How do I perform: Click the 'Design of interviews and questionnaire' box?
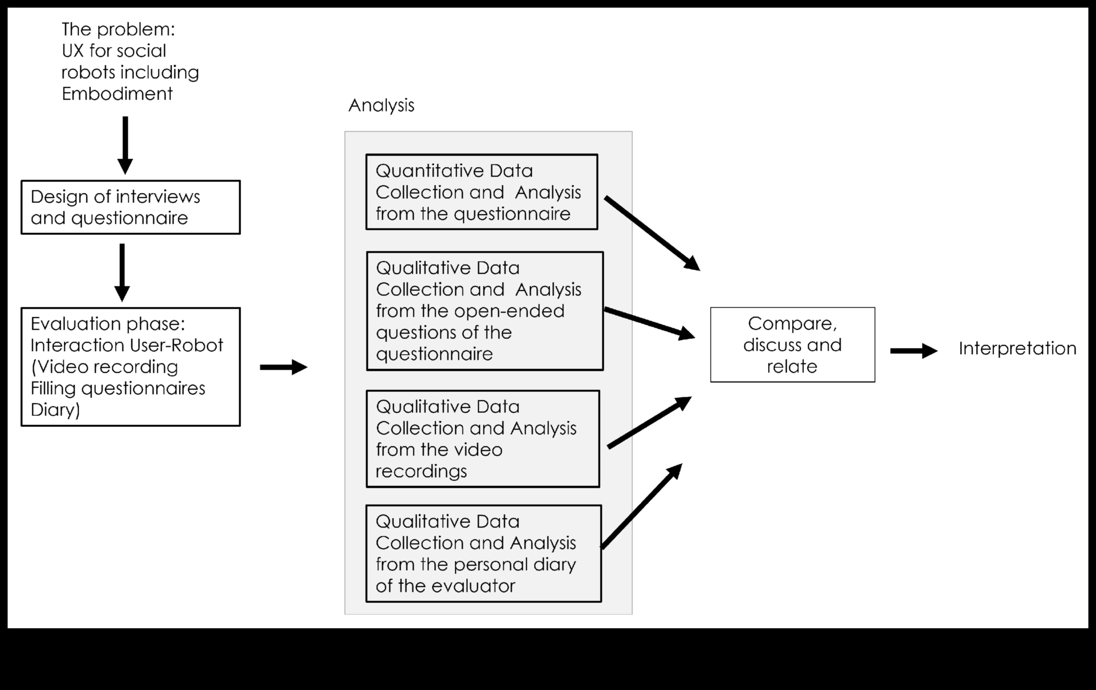tap(131, 207)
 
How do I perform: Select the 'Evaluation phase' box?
tap(131, 367)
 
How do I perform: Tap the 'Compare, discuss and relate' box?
tap(792, 344)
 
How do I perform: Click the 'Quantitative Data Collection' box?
tap(482, 192)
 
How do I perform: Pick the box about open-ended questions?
tap(485, 311)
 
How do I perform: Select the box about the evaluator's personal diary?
tap(483, 554)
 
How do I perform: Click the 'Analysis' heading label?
tap(381, 106)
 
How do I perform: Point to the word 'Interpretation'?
tap(1017, 349)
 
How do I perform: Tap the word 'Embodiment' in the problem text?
tap(117, 94)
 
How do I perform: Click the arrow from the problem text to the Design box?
tap(125, 145)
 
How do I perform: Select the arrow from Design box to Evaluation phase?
tap(122, 272)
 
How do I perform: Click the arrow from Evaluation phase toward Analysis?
tap(284, 367)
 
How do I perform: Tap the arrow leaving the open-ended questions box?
tap(649, 323)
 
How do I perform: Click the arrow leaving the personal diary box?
tap(642, 506)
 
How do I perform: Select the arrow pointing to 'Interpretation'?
tap(913, 351)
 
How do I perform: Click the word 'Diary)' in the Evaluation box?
tap(55, 410)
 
